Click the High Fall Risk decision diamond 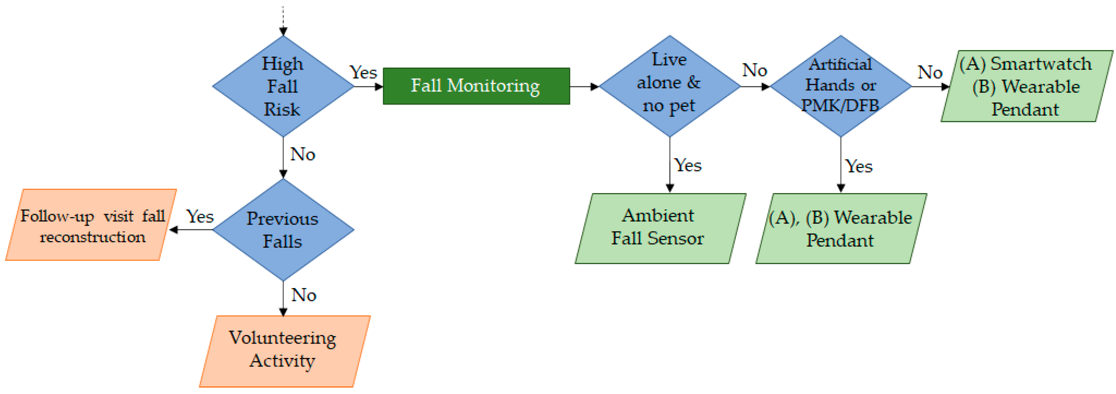[283, 86]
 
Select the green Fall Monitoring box [476, 86]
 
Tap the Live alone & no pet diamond [669, 86]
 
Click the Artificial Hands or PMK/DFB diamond [841, 86]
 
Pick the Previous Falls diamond [283, 230]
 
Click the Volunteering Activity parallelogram [285, 351]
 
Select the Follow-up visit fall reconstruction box [91, 225]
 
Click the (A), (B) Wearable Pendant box [841, 229]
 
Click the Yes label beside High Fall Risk [363, 72]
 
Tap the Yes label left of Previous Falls [200, 216]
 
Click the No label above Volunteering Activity [304, 295]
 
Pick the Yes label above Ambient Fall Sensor [688, 165]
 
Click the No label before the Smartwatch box [930, 72]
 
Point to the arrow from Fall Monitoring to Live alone [584, 86]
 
